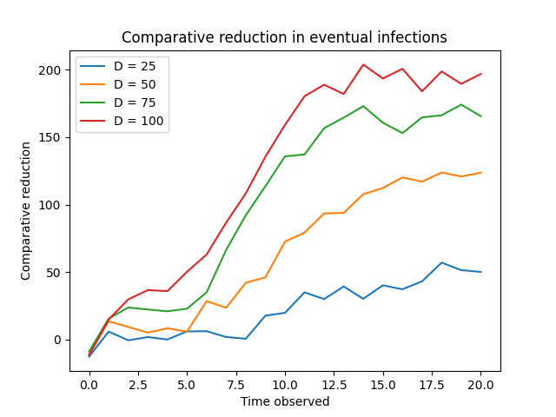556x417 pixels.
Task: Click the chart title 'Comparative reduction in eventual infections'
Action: (x=284, y=37)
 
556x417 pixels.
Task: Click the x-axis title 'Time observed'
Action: (x=284, y=401)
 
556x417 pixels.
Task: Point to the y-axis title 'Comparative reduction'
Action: (x=26, y=210)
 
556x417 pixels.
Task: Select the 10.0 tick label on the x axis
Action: (x=284, y=382)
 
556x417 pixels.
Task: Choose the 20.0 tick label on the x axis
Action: (x=480, y=382)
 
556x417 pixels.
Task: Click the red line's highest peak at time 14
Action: (x=363, y=64)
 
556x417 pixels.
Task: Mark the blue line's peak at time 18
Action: (x=441, y=262)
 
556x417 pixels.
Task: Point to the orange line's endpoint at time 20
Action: (x=480, y=172)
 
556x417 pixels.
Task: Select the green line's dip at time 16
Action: (x=402, y=133)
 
